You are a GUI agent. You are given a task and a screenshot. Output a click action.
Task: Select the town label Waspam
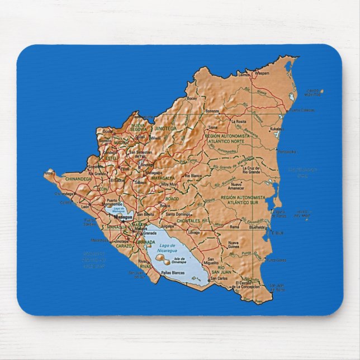262,73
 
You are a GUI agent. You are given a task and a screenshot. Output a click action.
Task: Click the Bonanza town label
212,111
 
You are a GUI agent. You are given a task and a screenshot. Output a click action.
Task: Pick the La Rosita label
239,121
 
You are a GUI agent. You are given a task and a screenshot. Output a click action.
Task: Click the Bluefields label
257,228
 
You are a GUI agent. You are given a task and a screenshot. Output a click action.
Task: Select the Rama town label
235,227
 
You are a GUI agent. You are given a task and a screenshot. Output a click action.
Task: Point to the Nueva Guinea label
233,245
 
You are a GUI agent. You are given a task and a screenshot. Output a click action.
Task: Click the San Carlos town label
223,278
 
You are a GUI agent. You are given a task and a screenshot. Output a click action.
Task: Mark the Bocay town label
192,98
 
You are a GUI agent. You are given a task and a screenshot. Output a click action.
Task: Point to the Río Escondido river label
246,220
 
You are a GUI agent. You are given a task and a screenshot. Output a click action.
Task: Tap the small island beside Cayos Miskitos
322,91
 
